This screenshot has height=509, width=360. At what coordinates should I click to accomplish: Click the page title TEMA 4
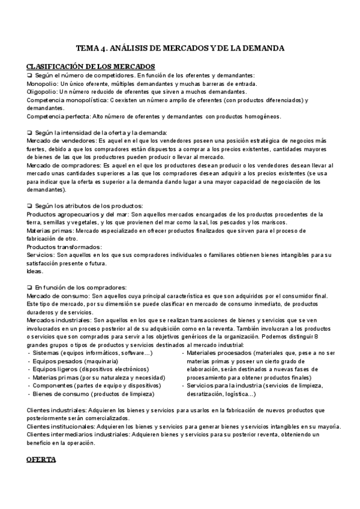[x=180, y=47]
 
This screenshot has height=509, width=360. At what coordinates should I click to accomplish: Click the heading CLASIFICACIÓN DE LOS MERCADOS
[x=91, y=66]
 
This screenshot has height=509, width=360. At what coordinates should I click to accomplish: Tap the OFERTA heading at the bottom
[x=41, y=459]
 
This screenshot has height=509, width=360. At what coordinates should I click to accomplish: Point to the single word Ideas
[x=35, y=271]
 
